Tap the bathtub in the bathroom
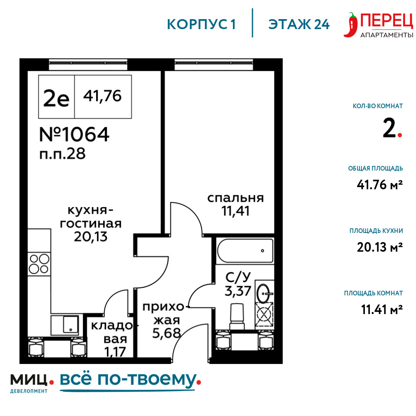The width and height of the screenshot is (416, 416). pyautogui.click(x=245, y=251)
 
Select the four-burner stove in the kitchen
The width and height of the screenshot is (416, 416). pyautogui.click(x=39, y=264)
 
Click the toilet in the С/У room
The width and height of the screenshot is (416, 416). pyautogui.click(x=237, y=317)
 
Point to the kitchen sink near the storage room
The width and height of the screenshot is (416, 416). pyautogui.click(x=65, y=325)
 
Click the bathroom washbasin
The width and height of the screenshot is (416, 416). pyautogui.click(x=264, y=293)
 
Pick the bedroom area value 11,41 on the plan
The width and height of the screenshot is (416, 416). pyautogui.click(x=235, y=211)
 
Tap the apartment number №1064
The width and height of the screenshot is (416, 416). pyautogui.click(x=74, y=134)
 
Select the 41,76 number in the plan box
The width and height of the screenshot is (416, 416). pyautogui.click(x=102, y=96)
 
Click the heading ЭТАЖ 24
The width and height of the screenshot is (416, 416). pyautogui.click(x=299, y=25)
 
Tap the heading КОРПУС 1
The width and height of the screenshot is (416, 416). pyautogui.click(x=201, y=25)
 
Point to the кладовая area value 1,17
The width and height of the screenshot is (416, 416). pyautogui.click(x=115, y=352)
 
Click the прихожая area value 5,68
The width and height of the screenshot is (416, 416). pyautogui.click(x=166, y=333)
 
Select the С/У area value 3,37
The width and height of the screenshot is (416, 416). pyautogui.click(x=238, y=291)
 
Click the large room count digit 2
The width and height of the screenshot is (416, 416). pyautogui.click(x=389, y=128)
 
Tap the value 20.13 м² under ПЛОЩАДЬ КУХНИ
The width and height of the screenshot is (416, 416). pyautogui.click(x=380, y=247)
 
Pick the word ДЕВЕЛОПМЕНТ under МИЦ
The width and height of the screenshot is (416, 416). pyautogui.click(x=29, y=391)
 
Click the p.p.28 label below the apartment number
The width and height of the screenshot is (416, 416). pyautogui.click(x=62, y=154)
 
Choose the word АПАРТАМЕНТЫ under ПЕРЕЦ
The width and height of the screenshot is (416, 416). pyautogui.click(x=386, y=35)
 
